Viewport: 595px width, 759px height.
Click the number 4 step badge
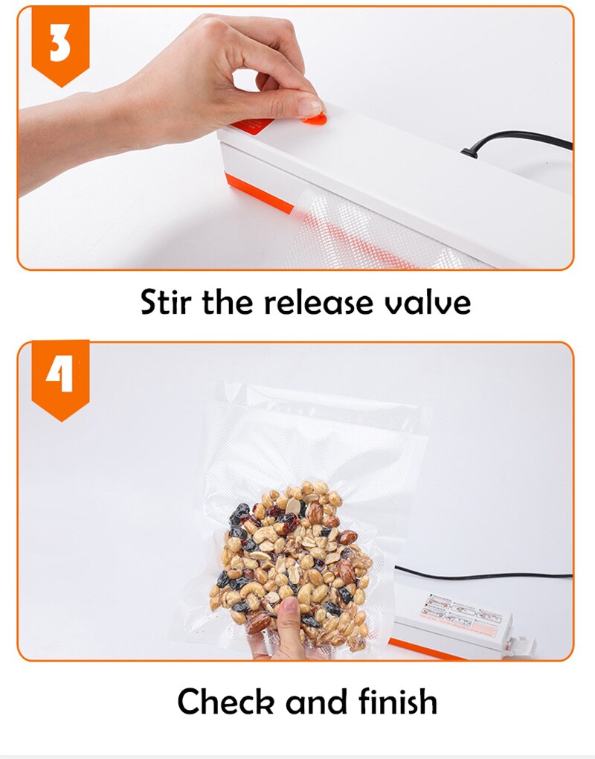[x=60, y=377]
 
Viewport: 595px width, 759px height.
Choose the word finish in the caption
[x=399, y=701]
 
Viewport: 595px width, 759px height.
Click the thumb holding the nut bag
[x=289, y=615]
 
